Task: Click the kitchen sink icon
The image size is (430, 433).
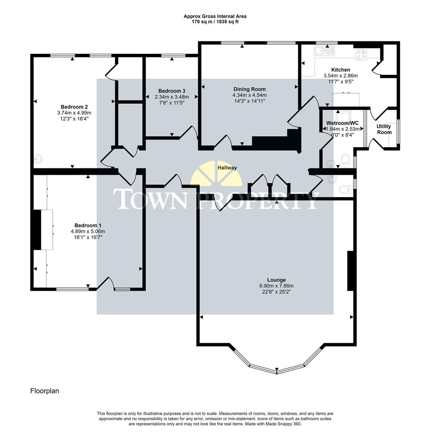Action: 325,51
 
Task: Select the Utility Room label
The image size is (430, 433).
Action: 383,129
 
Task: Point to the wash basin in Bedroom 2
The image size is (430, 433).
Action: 38,159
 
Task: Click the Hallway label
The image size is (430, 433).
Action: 227,168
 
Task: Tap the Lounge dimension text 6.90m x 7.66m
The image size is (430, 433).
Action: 276,286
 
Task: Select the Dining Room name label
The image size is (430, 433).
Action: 249,89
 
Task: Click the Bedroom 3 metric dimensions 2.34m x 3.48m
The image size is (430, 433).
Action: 172,97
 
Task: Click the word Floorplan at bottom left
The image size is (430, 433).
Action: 45,391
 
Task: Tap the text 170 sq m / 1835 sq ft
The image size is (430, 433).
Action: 215,22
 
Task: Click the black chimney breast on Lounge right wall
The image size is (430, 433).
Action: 350,271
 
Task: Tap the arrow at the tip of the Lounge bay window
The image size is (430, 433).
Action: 276,369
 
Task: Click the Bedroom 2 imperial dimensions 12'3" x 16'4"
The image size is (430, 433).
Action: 74,119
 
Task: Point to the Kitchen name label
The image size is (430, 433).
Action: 340,70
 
